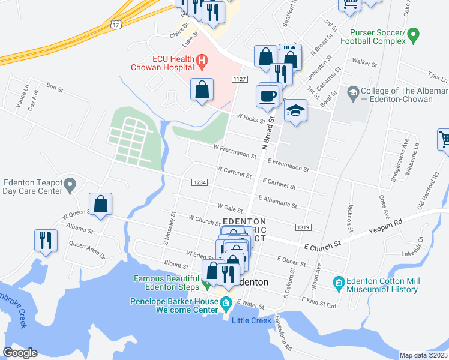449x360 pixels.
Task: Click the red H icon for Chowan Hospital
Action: point(202,61)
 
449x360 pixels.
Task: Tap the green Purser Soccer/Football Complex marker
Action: point(412,37)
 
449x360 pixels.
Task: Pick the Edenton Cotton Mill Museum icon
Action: point(338,282)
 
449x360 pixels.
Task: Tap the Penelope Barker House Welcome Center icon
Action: point(226,302)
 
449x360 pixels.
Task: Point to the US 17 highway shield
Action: point(115,23)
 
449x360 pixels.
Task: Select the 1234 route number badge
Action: point(200,182)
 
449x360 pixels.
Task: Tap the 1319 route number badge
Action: point(303,227)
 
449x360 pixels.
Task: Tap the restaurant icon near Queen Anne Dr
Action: point(46,240)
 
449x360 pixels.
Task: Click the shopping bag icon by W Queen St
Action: point(101,203)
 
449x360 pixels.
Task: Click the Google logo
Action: point(20,353)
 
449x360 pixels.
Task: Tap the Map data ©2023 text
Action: point(423,355)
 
